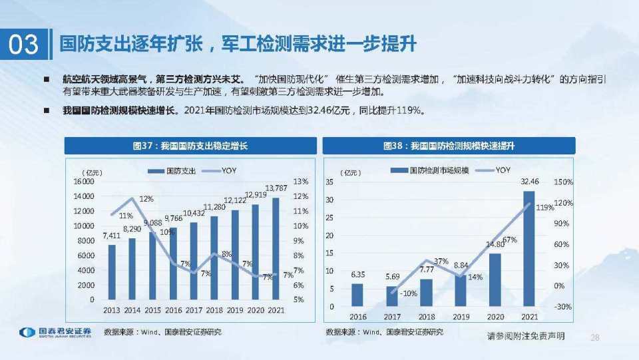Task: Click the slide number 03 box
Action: point(24,45)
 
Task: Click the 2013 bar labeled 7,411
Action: point(112,273)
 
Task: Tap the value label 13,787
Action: point(276,187)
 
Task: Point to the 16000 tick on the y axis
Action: point(84,182)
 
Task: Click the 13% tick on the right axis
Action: point(300,182)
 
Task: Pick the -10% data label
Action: point(409,293)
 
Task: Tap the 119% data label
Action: point(544,208)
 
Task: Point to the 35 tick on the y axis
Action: point(330,182)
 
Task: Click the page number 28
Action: point(595,337)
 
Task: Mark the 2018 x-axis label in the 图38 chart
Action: point(426,317)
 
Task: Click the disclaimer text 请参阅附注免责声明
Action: point(526,336)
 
